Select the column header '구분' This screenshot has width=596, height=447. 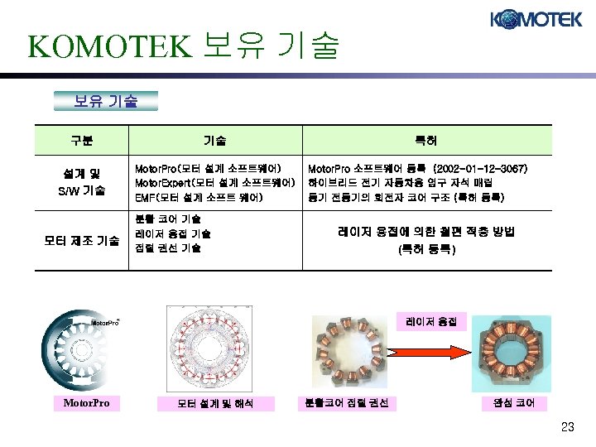pos(81,140)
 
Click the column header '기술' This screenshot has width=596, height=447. pos(215,140)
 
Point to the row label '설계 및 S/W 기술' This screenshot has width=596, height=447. pos(80,182)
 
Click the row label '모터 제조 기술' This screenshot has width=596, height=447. pos(81,241)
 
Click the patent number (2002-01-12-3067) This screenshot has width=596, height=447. pos(481,168)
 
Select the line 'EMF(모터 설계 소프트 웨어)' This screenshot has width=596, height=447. pos(199,196)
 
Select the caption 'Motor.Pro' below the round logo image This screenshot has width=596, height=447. pos(86,403)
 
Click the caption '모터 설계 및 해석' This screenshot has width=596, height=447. pos(215,404)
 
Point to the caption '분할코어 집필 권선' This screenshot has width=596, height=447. pos(347,403)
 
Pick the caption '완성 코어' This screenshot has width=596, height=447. pos(514,403)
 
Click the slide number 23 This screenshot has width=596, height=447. pos(567,427)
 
